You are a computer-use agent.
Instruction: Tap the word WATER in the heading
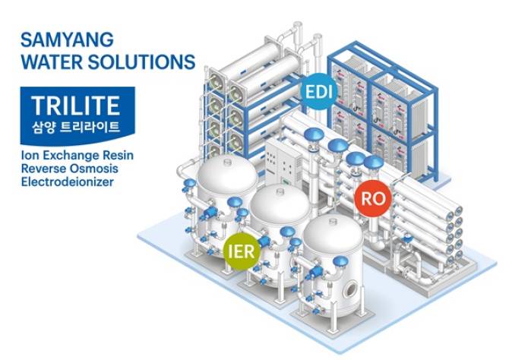[51, 61]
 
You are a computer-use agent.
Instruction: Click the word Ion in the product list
[31, 154]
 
